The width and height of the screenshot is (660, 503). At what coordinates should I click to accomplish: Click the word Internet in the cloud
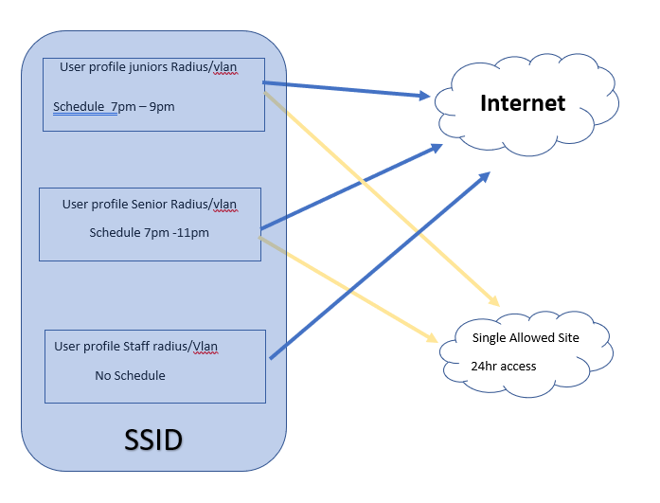tap(523, 103)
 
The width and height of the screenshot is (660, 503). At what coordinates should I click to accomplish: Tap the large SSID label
tap(153, 440)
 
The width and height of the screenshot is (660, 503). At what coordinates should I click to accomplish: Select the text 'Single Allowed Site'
tap(525, 338)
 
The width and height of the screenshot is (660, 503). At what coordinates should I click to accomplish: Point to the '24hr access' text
tap(504, 367)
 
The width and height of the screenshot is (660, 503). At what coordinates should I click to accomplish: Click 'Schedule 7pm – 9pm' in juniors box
tap(114, 106)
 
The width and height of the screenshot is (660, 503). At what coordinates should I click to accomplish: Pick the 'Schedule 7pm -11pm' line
tap(150, 232)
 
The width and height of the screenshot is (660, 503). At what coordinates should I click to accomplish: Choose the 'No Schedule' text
tap(130, 376)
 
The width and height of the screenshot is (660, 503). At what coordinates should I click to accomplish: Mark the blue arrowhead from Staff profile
tap(484, 177)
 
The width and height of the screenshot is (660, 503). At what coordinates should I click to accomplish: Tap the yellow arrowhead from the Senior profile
tap(431, 338)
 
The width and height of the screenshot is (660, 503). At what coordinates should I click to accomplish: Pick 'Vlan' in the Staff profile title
tap(205, 347)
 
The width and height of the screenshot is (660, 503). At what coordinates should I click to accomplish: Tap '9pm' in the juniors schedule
tap(162, 106)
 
